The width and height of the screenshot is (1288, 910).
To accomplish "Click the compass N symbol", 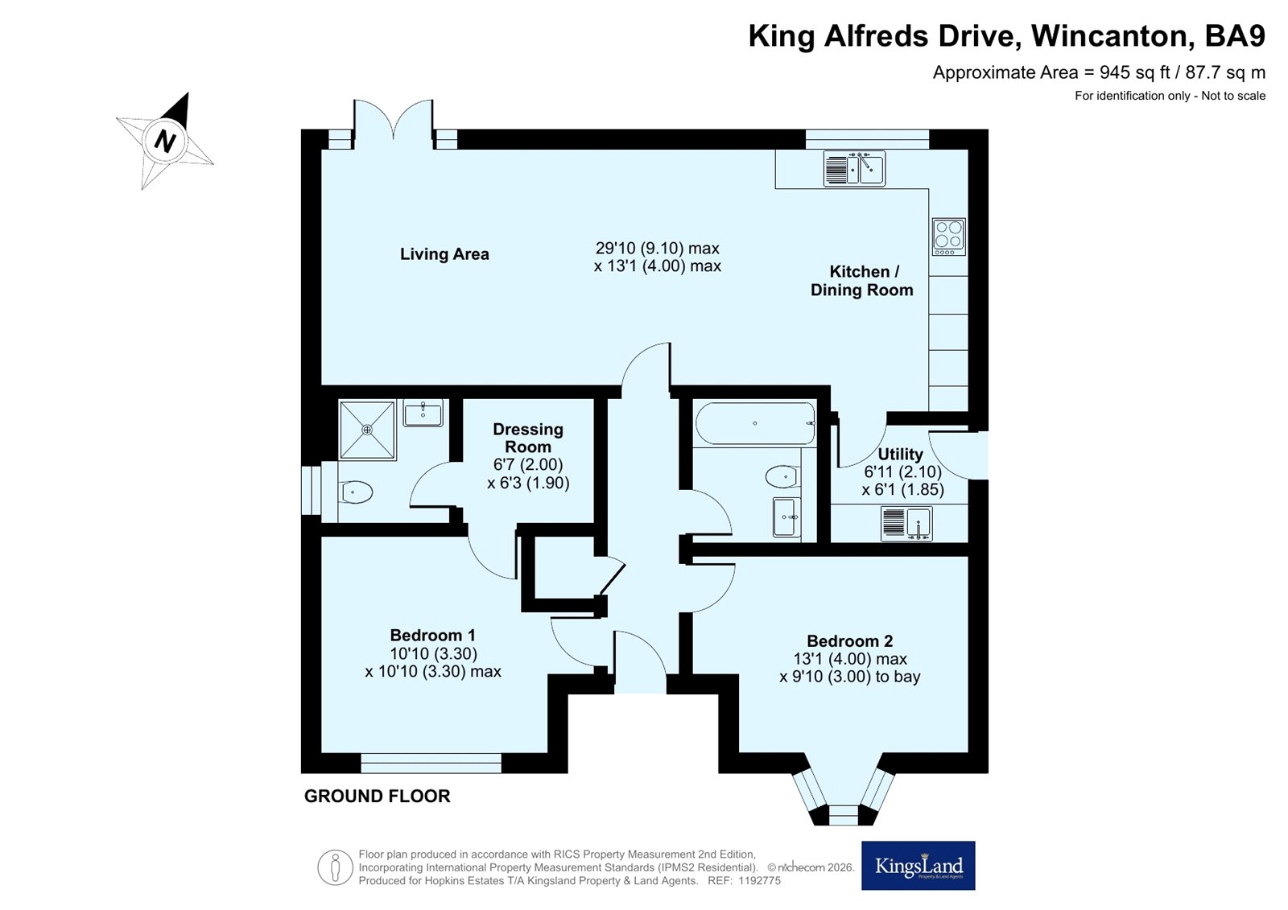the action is pos(166,140).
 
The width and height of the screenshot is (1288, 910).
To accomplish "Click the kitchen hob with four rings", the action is pos(949,237).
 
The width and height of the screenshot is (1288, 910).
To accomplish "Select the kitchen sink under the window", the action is pos(854,168).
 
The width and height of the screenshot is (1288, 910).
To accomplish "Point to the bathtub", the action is pos(755,424).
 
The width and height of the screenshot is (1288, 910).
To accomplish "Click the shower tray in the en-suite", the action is pos(367,430).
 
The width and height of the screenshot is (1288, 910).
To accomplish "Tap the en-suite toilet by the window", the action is pos(355,492).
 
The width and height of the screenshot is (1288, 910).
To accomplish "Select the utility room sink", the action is pos(906,524).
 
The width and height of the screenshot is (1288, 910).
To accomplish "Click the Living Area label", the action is pos(444,254).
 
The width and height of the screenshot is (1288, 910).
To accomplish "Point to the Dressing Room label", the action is pos(528,438).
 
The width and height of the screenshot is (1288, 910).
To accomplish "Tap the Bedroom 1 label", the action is pos(432,635).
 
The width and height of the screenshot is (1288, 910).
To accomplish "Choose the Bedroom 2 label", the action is pos(850,641).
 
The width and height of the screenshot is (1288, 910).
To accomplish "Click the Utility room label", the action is pos(900,454).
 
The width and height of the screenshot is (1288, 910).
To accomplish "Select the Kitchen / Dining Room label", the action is pos(862,281).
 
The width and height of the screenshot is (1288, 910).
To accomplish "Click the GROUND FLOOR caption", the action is pos(378,797).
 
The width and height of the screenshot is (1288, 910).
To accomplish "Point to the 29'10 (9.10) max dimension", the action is pos(657,249).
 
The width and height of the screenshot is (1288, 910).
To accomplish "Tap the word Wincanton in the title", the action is pos(1109,36).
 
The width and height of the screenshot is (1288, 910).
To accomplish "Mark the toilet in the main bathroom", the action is pos(782,476).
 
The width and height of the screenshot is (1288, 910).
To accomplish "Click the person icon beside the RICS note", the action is pos(335,867).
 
